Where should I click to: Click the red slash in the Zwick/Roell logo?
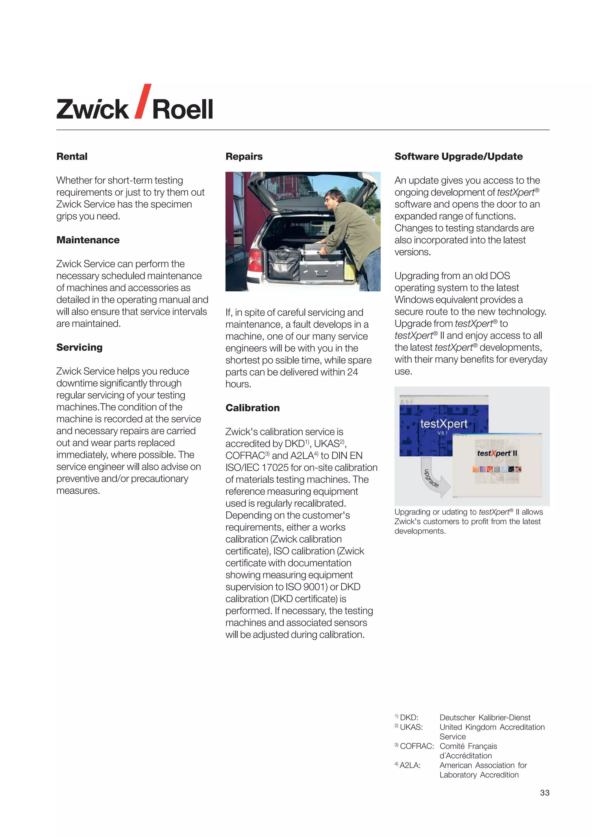pyautogui.click(x=143, y=101)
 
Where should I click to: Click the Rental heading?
pyautogui.click(x=72, y=156)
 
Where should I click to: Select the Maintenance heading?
pyautogui.click(x=88, y=240)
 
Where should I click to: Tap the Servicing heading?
pyautogui.click(x=79, y=347)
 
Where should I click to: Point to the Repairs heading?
pyautogui.click(x=244, y=156)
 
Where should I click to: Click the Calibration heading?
pyautogui.click(x=252, y=408)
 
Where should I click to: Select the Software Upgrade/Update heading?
pyautogui.click(x=458, y=156)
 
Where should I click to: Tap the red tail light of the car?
pyautogui.click(x=255, y=260)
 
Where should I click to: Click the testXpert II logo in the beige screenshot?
pyautogui.click(x=497, y=453)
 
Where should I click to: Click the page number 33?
pyautogui.click(x=545, y=792)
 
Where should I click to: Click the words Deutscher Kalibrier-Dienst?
pyautogui.click(x=485, y=717)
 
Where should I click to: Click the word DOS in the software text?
pyautogui.click(x=499, y=276)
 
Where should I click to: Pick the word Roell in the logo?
pyautogui.click(x=182, y=109)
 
